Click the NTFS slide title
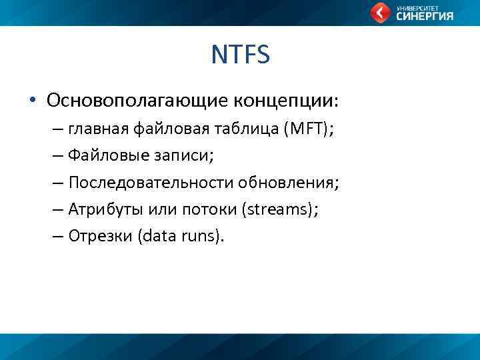(240, 55)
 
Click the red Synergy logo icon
(381, 13)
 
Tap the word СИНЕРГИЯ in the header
(425, 17)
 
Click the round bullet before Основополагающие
(31, 101)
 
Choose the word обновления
(292, 183)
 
